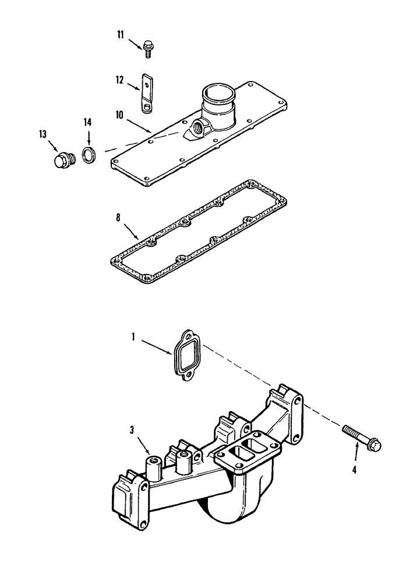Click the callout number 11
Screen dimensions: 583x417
(120, 36)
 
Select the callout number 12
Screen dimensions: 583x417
(119, 80)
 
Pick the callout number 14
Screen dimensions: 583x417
(87, 122)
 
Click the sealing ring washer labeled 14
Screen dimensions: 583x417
(89, 156)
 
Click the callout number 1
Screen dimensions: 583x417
(134, 336)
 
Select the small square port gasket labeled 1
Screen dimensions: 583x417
(186, 355)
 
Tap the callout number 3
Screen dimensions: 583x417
(133, 431)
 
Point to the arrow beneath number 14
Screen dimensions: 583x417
(89, 138)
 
